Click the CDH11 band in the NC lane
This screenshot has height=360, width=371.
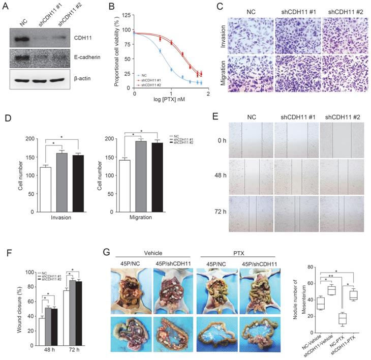(x=23, y=38)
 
